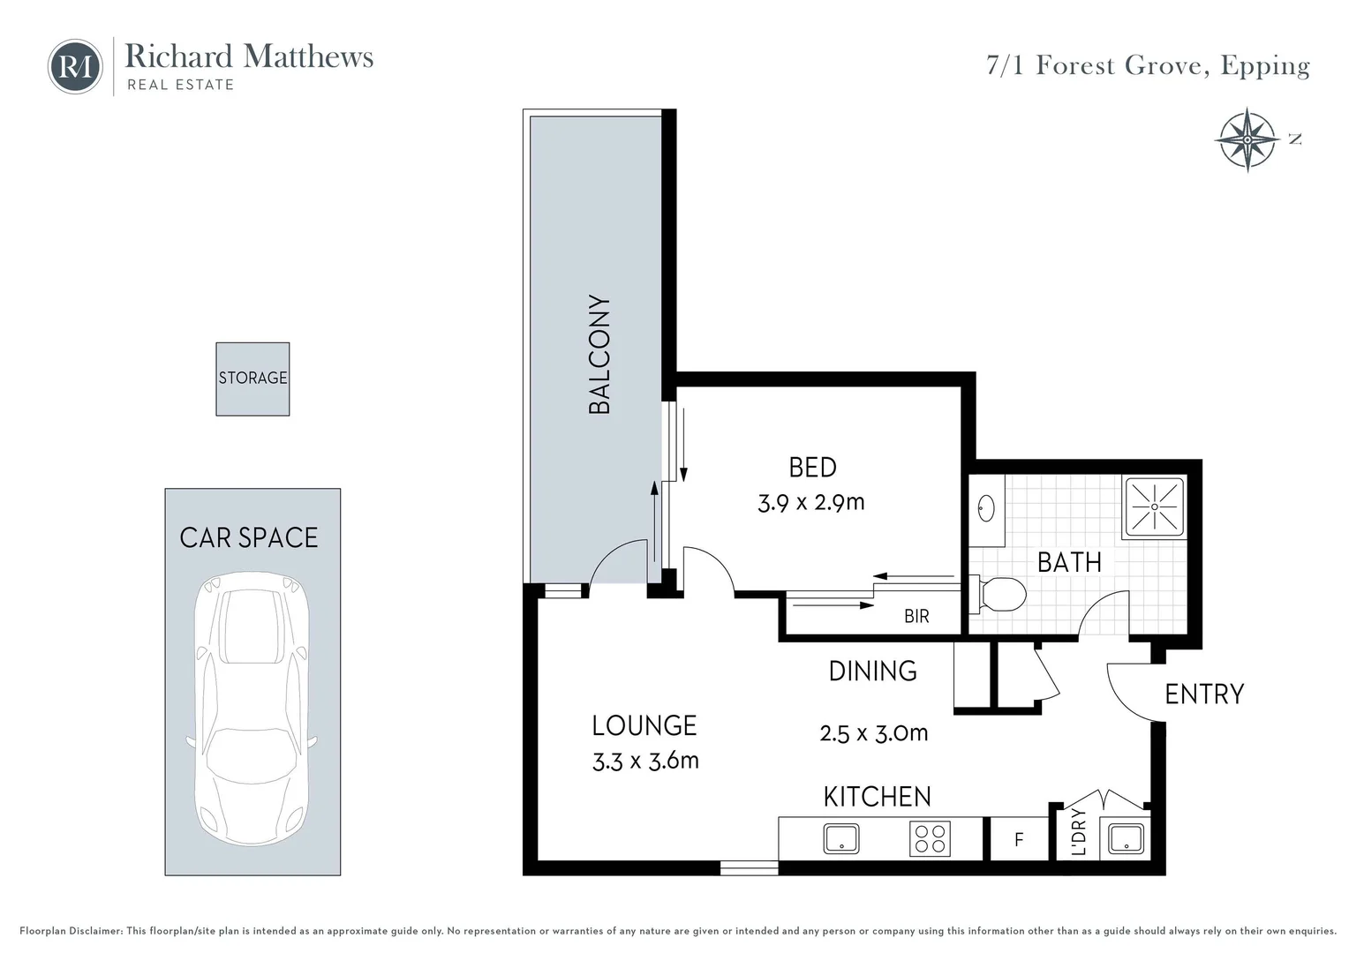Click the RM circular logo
point(75,66)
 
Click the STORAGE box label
point(252,379)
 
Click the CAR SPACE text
point(249,537)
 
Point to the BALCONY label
point(600,355)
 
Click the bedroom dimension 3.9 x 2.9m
point(810,503)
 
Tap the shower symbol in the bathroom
point(1154,507)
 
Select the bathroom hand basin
point(986,508)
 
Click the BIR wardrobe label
point(916,617)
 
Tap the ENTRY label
point(1203,694)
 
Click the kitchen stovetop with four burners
point(930,838)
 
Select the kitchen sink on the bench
point(841,838)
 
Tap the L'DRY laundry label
point(1078,832)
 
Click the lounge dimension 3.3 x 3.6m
point(645,761)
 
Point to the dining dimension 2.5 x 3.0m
point(873,733)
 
